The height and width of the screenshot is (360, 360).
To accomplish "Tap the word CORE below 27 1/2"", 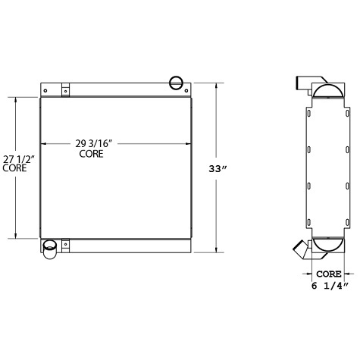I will pyautogui.click(x=14, y=168).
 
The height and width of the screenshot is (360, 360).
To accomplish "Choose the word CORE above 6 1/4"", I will pyautogui.click(x=328, y=273).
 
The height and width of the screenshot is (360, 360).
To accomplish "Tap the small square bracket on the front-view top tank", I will pyautogui.click(x=66, y=89).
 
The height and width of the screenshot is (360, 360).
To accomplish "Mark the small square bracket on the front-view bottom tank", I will pyautogui.click(x=66, y=244).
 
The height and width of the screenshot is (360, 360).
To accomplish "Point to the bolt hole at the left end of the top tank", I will pyautogui.click(x=45, y=90).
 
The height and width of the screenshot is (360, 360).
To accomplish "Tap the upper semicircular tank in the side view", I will pyautogui.click(x=327, y=94).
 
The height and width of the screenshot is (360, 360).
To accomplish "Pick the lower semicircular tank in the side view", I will pyautogui.click(x=327, y=244).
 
